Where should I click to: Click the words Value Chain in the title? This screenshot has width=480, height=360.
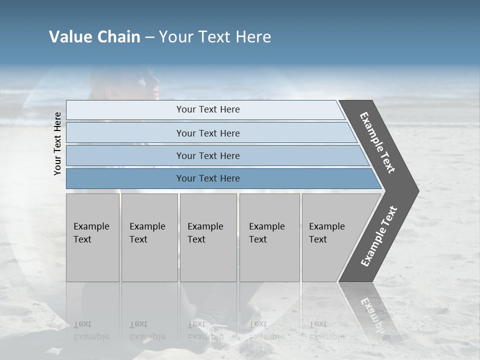(94, 37)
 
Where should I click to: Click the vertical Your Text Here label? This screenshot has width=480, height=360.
(57, 143)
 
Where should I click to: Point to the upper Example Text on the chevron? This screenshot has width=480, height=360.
(377, 142)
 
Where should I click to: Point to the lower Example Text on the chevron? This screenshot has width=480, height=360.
(378, 236)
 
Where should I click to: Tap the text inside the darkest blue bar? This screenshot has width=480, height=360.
(208, 178)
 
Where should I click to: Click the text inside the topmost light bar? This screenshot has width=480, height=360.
(208, 109)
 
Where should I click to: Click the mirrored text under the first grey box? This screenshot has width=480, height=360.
(91, 330)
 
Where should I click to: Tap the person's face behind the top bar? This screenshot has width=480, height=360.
(145, 85)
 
